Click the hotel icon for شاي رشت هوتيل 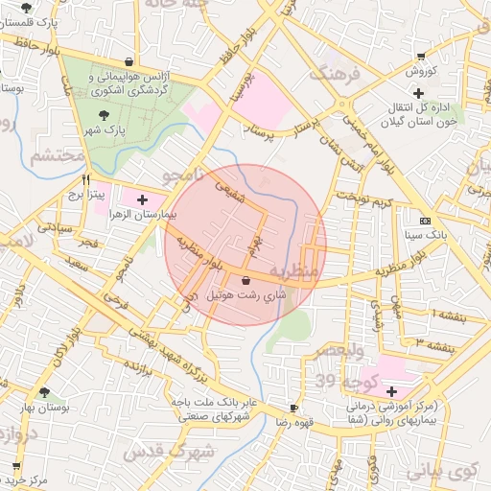point(247,281)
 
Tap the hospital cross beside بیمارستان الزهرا point(143,200)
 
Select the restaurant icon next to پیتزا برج point(86,179)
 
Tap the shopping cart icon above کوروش point(421,57)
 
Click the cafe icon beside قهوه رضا point(293,407)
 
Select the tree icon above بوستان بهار point(44,391)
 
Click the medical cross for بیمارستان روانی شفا point(390,390)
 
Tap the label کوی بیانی point(440,471)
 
